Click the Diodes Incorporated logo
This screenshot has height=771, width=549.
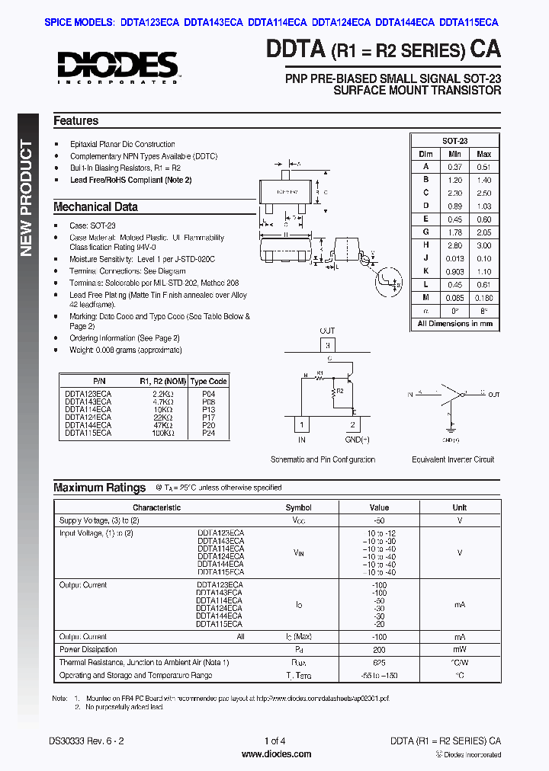click(117, 66)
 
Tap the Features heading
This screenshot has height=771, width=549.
click(76, 120)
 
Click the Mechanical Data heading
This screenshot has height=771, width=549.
click(95, 206)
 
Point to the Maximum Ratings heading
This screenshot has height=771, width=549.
click(99, 488)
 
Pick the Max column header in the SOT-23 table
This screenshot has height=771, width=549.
click(483, 154)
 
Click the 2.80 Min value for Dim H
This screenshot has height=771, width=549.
click(455, 245)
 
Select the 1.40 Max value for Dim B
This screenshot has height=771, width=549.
click(483, 180)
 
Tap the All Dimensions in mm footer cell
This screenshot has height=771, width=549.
click(454, 324)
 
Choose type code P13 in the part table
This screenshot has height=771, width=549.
click(209, 409)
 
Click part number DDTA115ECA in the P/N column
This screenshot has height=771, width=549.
click(88, 432)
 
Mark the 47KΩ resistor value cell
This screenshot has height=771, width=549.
click(163, 424)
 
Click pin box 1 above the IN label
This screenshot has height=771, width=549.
click(302, 424)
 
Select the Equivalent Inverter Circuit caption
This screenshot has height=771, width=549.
click(453, 459)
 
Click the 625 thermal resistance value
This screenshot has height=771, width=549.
click(379, 663)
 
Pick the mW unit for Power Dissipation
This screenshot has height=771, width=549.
click(460, 650)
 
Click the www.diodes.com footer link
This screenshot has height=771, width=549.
click(276, 754)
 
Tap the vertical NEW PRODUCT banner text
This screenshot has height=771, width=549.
click(27, 198)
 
